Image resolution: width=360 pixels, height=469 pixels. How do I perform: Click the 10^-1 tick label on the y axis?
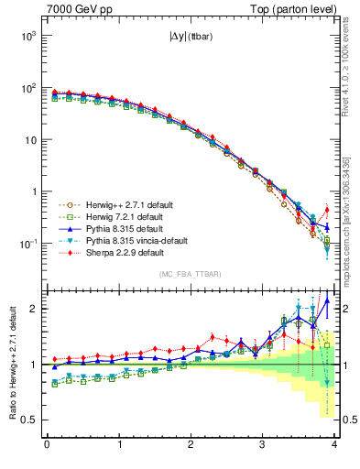coord(27,244)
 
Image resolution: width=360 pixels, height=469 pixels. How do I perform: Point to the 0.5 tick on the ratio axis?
coord(29,420)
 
